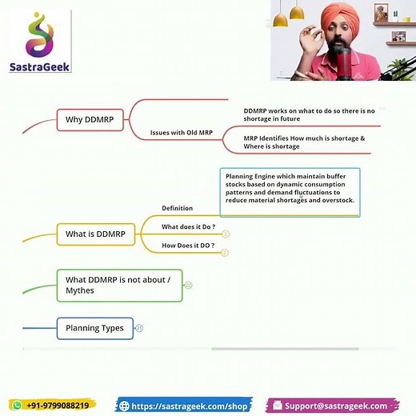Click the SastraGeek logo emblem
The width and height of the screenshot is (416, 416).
(x=39, y=36)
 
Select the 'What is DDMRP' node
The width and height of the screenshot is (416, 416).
(x=95, y=234)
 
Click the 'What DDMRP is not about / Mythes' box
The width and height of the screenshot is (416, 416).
(x=119, y=285)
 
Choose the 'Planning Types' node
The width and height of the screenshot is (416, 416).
(x=94, y=328)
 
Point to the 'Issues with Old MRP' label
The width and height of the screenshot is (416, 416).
(x=186, y=132)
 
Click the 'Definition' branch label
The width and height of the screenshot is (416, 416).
(x=177, y=209)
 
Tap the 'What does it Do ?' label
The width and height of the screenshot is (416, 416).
(x=188, y=227)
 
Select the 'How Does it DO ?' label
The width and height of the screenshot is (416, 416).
(x=188, y=245)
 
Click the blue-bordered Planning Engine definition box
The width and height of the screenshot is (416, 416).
(x=290, y=192)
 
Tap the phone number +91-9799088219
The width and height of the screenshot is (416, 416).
(x=58, y=406)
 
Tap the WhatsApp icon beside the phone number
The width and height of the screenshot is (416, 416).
(x=18, y=406)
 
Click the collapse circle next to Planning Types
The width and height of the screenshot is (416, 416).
(x=139, y=328)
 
